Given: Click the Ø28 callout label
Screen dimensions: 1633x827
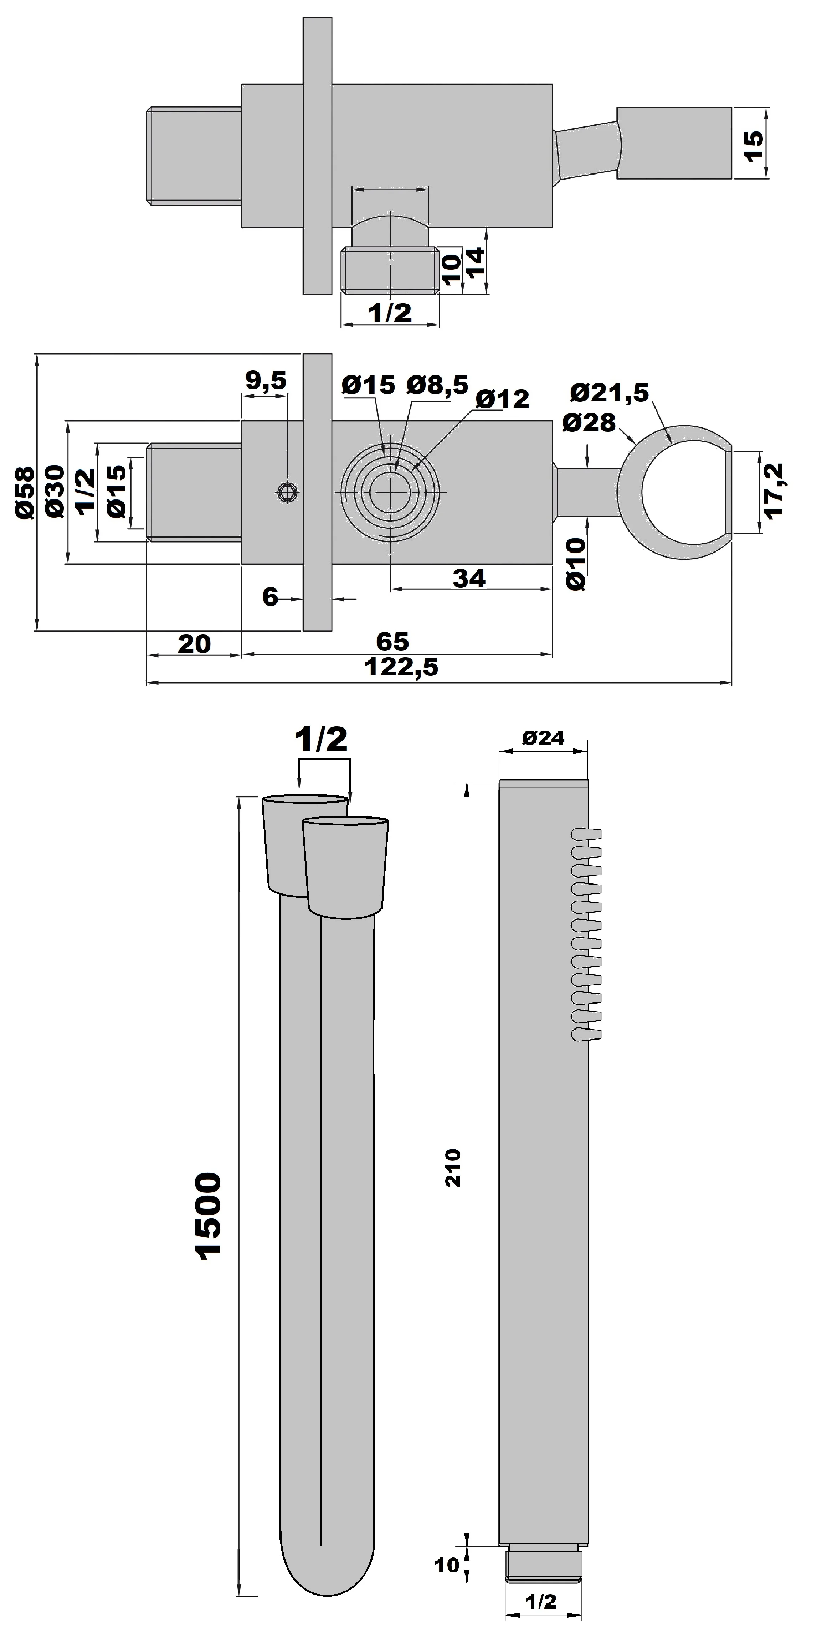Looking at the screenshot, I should point(589,423).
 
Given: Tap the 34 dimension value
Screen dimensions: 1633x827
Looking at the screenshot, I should point(469,578).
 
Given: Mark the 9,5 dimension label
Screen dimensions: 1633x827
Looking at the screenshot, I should point(266,380).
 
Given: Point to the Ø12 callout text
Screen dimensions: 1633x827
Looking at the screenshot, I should point(502,399).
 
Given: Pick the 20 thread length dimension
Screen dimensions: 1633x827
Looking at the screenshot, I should point(194,643).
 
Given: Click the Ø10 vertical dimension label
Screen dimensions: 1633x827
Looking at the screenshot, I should point(575,564).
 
